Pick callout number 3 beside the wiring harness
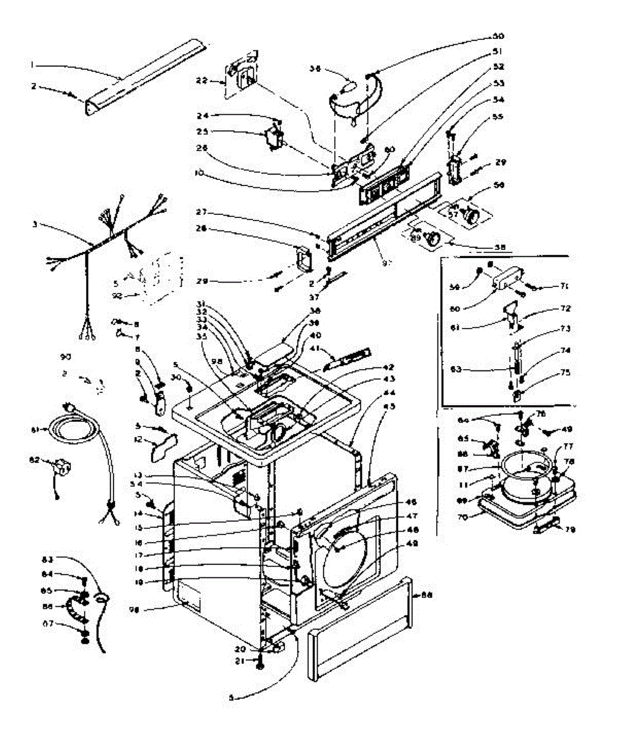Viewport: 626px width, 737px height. (x=35, y=225)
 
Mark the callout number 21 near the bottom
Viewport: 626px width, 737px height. (x=240, y=661)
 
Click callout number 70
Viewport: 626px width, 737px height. (x=463, y=517)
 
